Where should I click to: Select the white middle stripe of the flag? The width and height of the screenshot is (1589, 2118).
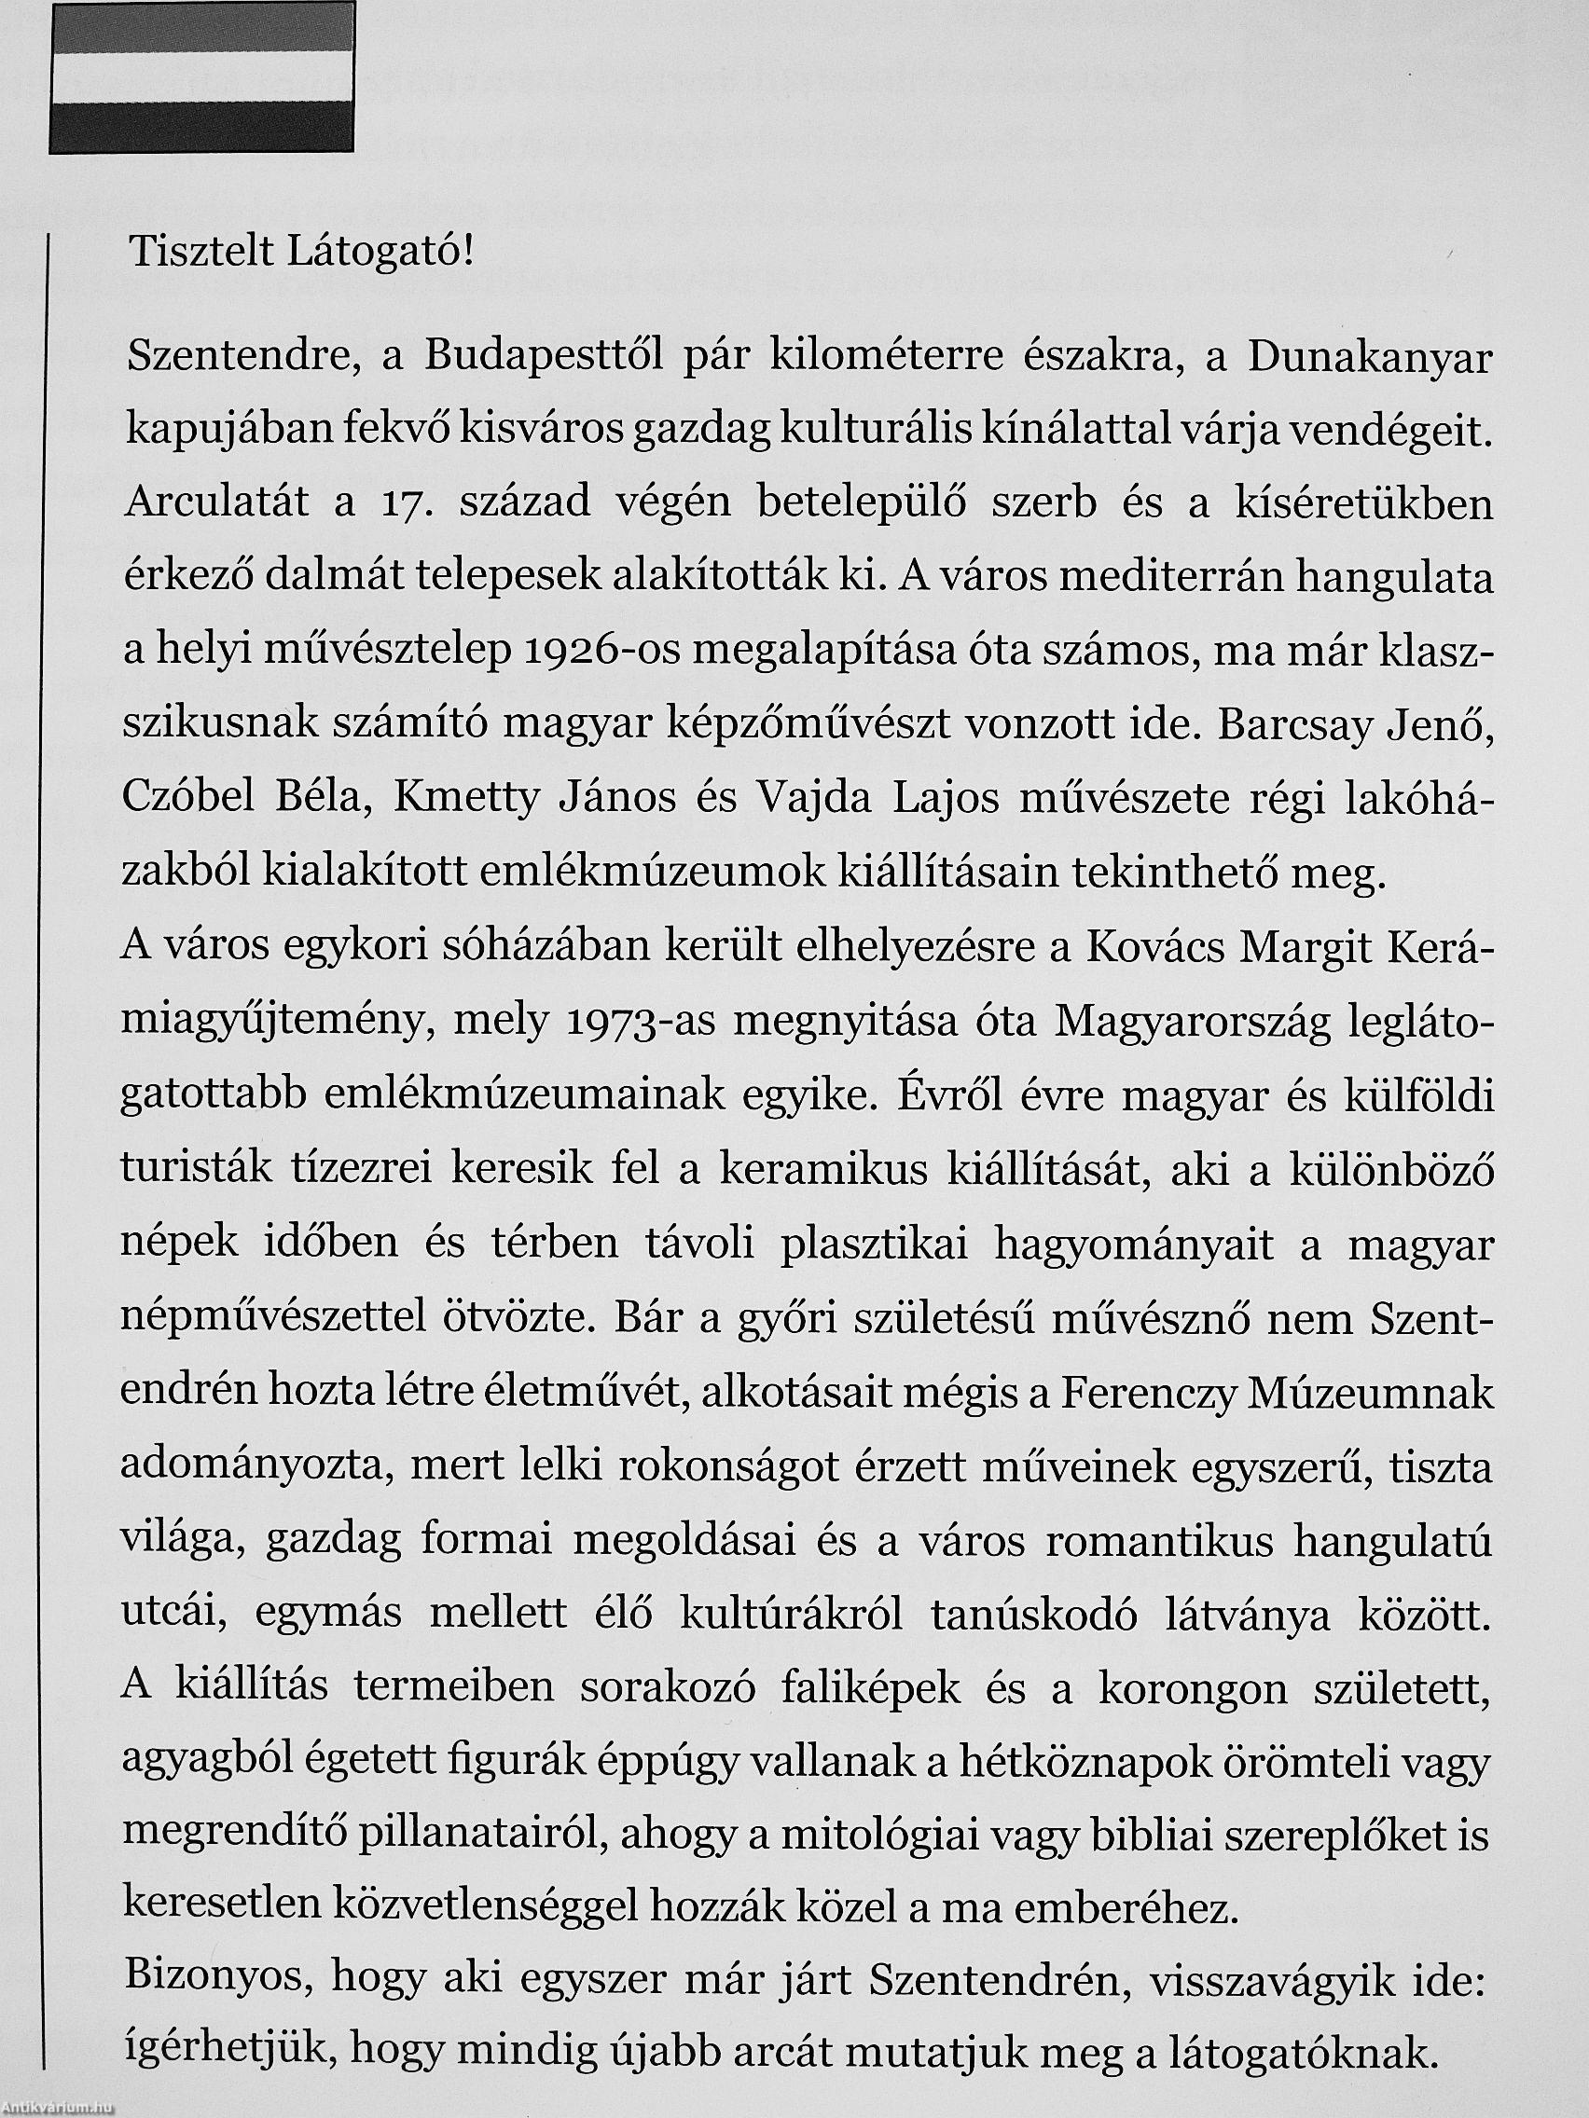[x=202, y=77]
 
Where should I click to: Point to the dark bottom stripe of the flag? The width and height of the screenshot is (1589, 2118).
[x=202, y=127]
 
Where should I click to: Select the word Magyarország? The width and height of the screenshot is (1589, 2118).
[x=1188, y=1024]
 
